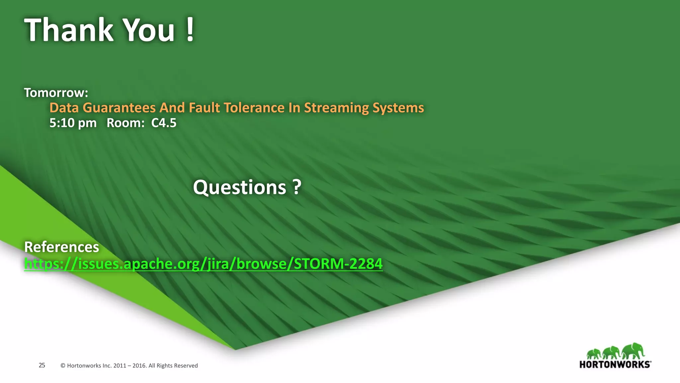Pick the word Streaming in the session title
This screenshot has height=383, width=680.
pyautogui.click(x=336, y=108)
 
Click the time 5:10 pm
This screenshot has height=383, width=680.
pyautogui.click(x=73, y=123)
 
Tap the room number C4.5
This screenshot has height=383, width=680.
pyautogui.click(x=164, y=123)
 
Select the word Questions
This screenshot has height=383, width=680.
pyautogui.click(x=239, y=187)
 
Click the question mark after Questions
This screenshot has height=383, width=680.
pyautogui.click(x=297, y=187)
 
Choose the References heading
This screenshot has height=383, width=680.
pyautogui.click(x=62, y=247)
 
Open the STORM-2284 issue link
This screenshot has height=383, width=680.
pyautogui.click(x=203, y=264)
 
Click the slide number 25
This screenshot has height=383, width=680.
pyautogui.click(x=42, y=365)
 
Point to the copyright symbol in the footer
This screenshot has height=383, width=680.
pyautogui.click(x=63, y=366)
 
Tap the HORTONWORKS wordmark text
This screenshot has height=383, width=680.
pyautogui.click(x=615, y=364)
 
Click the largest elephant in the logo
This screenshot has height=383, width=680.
pyautogui.click(x=634, y=350)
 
